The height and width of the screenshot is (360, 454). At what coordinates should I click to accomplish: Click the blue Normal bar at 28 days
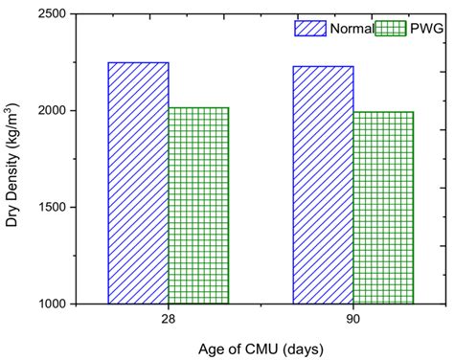tap(138, 183)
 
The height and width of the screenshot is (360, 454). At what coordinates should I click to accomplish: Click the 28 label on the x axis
tap(169, 319)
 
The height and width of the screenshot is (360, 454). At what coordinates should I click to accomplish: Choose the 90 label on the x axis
tap(353, 319)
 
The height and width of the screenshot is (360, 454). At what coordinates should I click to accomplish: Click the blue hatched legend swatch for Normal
tap(309, 28)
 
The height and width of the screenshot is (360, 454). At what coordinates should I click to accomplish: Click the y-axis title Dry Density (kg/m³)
tap(13, 158)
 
